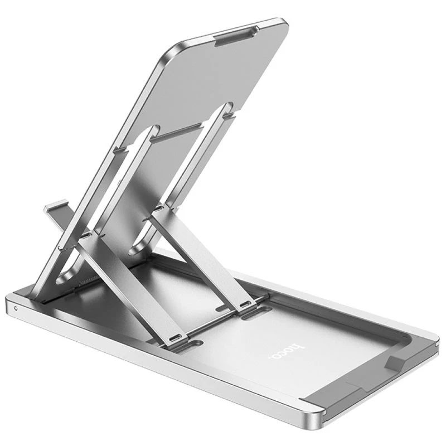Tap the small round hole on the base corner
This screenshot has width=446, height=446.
16,308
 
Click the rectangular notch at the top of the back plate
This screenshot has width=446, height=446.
236,36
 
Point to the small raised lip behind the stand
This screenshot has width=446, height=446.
56,206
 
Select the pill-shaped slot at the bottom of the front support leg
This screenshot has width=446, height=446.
175,339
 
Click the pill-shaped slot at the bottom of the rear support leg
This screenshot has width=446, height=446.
245,305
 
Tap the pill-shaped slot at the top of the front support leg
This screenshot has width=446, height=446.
86,235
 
